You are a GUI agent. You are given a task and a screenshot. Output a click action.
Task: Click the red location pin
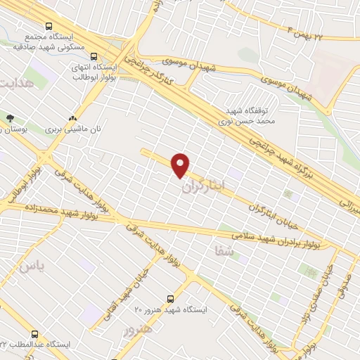pos(181,165)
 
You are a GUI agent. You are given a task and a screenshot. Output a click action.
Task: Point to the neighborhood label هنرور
pos(137,330)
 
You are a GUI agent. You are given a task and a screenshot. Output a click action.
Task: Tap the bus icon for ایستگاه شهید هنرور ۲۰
pos(169,299)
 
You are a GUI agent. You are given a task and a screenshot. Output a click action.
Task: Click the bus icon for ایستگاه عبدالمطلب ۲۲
pos(34,335)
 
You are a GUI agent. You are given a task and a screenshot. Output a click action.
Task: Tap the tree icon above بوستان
pos(9,118)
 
